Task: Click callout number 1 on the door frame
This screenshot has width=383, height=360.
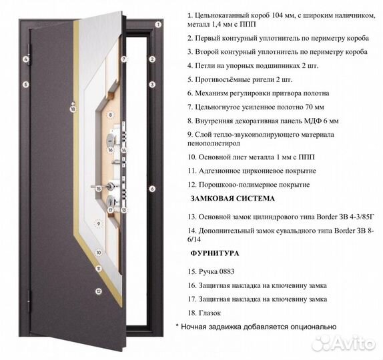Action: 158,24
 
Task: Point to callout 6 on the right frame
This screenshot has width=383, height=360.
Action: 152,189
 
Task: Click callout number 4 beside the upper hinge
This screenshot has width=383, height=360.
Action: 25,59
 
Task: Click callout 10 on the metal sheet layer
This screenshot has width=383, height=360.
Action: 98,253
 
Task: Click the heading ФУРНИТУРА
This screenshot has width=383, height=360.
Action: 214,254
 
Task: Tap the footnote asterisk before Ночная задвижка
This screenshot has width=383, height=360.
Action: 177,327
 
